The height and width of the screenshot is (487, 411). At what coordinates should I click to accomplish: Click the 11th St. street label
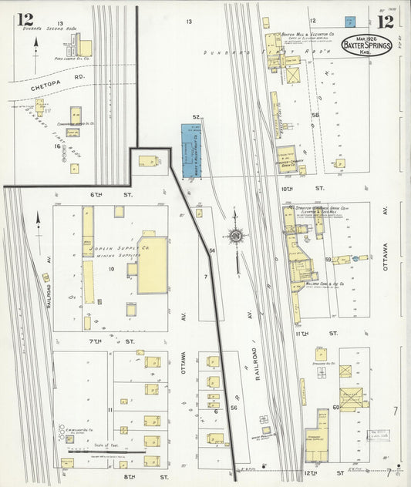332,333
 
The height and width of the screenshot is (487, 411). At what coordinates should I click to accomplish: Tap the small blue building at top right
349,21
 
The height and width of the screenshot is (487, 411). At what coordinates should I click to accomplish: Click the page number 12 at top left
25,18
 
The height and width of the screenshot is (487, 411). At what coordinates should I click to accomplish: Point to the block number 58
315,115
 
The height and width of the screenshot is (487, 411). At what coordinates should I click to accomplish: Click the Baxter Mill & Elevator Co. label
308,35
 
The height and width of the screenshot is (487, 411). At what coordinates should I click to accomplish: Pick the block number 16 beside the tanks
56,145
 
